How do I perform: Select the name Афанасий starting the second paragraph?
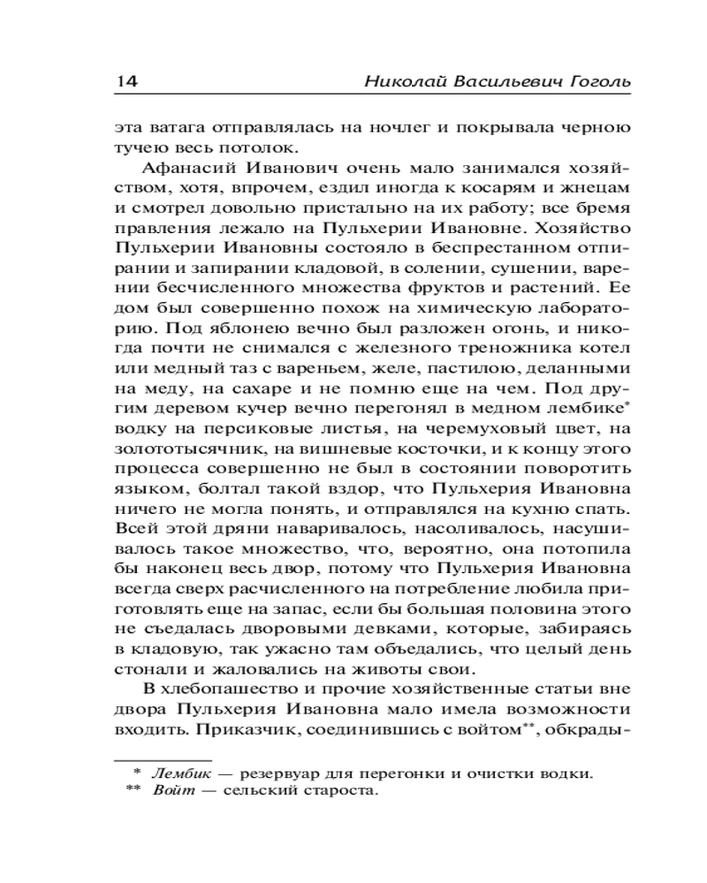pyautogui.click(x=189, y=168)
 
